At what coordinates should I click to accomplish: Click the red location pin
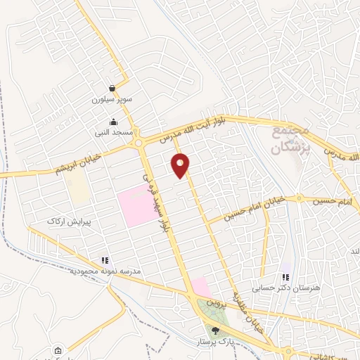pos(181,165)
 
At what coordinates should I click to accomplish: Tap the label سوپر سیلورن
pos(111,101)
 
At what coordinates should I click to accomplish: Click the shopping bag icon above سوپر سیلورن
pos(111,90)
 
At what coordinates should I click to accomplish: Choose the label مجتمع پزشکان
pos(290,141)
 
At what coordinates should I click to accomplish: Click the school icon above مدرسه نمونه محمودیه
pos(105,260)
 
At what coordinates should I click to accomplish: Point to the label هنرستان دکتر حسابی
pos(285,288)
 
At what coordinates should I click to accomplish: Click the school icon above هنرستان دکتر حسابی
pos(286,277)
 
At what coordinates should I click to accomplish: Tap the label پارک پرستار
pos(215,340)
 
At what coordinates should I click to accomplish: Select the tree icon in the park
pos(215,330)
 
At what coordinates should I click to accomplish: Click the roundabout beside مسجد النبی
pos(140,143)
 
